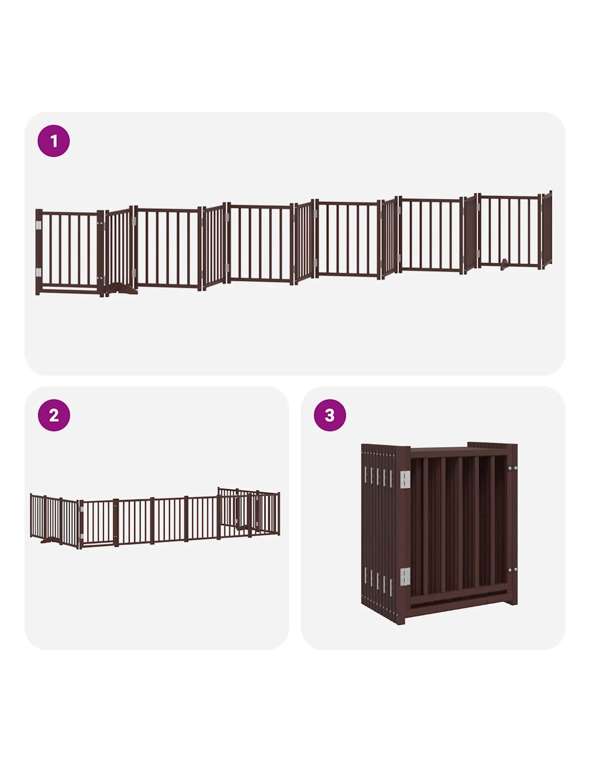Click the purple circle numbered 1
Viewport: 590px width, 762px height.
(54, 141)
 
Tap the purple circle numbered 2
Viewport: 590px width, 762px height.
(54, 415)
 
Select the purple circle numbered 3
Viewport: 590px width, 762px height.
(329, 415)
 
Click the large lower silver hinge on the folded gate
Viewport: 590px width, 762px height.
(405, 577)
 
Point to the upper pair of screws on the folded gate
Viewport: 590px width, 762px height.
(512, 468)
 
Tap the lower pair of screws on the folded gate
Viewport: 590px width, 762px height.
(512, 570)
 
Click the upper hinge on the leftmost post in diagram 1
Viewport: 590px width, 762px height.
(38, 225)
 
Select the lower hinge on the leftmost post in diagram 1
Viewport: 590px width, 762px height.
(38, 272)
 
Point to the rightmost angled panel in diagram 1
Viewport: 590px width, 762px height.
(547, 230)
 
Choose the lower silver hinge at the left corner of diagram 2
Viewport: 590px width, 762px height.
(82, 536)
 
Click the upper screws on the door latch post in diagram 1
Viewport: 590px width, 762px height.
(101, 223)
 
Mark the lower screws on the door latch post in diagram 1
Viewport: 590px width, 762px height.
(101, 278)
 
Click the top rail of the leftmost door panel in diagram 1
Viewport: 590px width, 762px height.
(70, 213)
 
